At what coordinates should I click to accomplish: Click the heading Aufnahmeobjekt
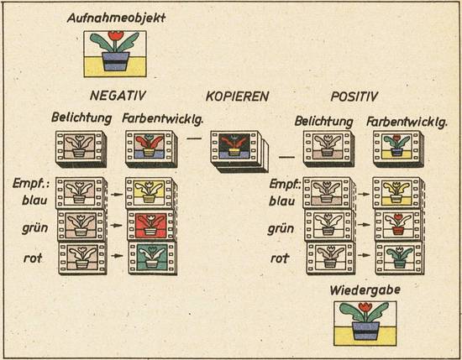[116, 18]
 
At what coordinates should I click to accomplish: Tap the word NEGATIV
[118, 96]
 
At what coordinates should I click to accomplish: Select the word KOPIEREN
[237, 97]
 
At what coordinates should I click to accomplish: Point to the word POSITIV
[354, 97]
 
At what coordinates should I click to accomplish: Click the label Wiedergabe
[365, 290]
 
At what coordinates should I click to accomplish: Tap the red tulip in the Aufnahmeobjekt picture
[116, 35]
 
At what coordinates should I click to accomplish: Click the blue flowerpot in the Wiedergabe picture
[365, 331]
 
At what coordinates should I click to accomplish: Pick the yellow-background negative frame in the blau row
[149, 192]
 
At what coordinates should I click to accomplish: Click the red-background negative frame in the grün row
[151, 225]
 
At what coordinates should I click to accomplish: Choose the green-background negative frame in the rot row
[152, 258]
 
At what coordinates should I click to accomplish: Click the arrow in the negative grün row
[117, 226]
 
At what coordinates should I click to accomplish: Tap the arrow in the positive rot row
[365, 255]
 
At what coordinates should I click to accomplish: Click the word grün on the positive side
[281, 229]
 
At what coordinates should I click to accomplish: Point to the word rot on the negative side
[33, 258]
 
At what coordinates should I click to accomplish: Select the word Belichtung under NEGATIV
[81, 118]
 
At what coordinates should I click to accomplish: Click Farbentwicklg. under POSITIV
[407, 122]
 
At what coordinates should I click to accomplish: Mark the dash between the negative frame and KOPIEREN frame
[195, 138]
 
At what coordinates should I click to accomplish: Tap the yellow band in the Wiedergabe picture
[365, 336]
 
